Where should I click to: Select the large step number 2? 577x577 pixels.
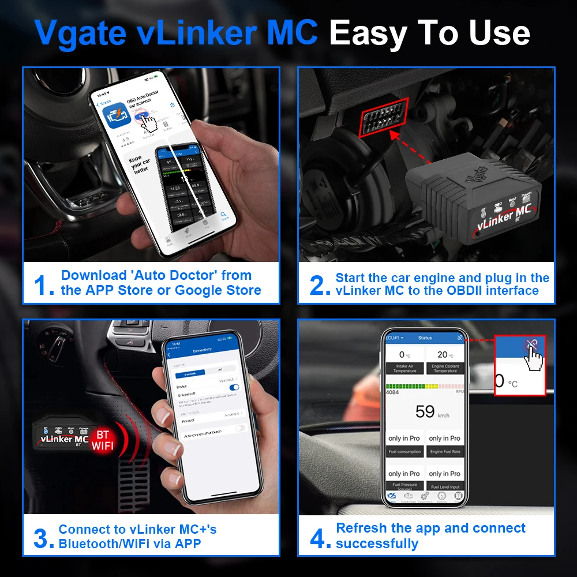pyautogui.click(x=320, y=285)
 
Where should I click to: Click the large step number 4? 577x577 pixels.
pyautogui.click(x=320, y=538)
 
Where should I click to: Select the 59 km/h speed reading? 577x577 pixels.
pyautogui.click(x=425, y=411)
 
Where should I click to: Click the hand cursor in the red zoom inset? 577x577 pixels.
pyautogui.click(x=534, y=357)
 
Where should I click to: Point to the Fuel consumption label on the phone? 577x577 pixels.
pyautogui.click(x=404, y=452)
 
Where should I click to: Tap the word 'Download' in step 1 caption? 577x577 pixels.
pyautogui.click(x=93, y=275)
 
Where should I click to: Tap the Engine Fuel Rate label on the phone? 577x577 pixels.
pyautogui.click(x=445, y=452)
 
